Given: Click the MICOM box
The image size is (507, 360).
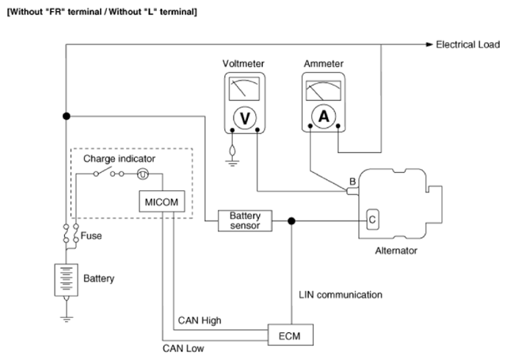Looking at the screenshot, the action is click(162, 201).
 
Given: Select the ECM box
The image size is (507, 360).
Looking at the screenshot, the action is click(291, 335).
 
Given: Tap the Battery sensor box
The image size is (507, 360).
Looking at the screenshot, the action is click(245, 220).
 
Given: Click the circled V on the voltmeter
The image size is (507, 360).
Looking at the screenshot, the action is click(245, 118).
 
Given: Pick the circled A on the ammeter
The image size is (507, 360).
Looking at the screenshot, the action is click(324, 117).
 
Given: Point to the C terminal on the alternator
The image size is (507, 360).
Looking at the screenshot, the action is click(372, 220).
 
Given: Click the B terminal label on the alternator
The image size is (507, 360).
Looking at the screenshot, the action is click(353, 182).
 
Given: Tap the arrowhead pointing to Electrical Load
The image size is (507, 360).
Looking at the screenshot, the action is click(429, 44).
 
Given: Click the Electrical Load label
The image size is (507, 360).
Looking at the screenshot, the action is click(468, 44).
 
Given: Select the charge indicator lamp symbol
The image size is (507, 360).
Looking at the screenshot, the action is click(143, 174).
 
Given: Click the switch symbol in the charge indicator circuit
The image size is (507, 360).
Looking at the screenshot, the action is click(103, 171).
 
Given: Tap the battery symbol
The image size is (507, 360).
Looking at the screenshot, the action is click(67, 280).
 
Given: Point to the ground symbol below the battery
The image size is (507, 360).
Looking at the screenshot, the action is click(67, 319).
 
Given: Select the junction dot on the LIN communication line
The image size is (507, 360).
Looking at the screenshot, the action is click(292, 221).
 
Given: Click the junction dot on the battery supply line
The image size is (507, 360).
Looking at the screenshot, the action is click(67, 116).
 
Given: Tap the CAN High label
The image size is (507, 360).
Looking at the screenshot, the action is click(200, 320).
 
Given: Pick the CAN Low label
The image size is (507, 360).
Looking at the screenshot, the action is click(183, 348).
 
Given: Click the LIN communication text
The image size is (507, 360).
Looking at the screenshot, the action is click(341, 295).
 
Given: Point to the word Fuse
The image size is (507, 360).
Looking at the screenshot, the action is click(91, 236).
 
